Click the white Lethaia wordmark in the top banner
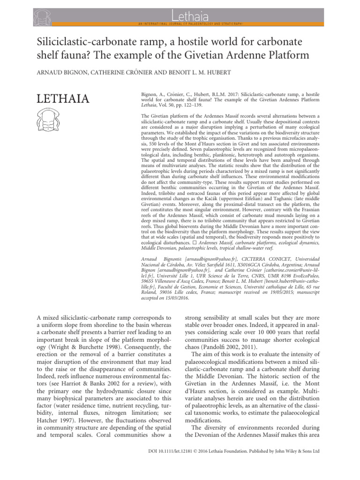pos(180,10)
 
